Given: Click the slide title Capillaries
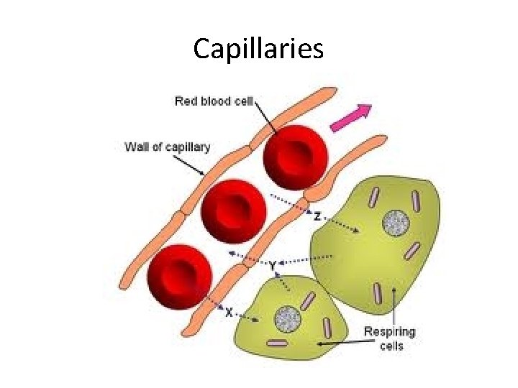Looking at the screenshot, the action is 258,49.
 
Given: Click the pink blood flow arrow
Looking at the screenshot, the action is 350,118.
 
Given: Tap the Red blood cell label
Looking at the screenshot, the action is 214,101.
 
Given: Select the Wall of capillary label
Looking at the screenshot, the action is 168,147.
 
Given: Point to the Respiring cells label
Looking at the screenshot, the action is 389,338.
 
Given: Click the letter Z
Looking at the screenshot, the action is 317,216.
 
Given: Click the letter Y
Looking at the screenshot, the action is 273,265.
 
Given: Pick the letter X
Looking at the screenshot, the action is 229,313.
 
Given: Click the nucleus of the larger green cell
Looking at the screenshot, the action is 395,223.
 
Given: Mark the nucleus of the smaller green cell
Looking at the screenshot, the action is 288,317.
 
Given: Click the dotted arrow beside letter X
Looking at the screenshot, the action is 248,316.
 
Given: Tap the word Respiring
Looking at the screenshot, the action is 389,332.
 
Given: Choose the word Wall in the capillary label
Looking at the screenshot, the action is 137,147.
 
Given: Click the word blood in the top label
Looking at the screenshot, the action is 213,101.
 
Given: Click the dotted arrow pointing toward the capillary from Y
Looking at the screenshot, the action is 245,257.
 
